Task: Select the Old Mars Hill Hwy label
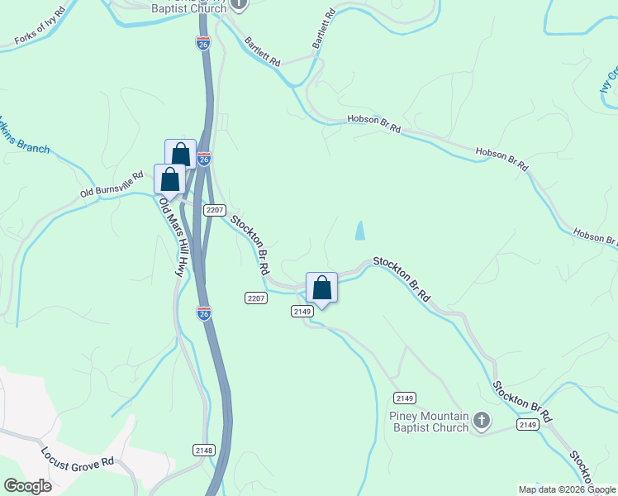pyautogui.click(x=170, y=236)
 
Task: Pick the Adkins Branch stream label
pyautogui.click(x=22, y=138)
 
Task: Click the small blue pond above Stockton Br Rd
pyautogui.click(x=360, y=231)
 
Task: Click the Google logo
pyautogui.click(x=28, y=486)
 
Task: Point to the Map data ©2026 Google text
pyautogui.click(x=566, y=489)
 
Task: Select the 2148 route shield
pyautogui.click(x=204, y=450)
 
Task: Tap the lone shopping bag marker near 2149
pyautogui.click(x=321, y=289)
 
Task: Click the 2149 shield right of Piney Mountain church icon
pyautogui.click(x=528, y=424)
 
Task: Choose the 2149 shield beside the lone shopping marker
pyautogui.click(x=302, y=311)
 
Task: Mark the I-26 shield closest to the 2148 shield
pyautogui.click(x=204, y=312)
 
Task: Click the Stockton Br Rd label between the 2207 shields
pyautogui.click(x=250, y=245)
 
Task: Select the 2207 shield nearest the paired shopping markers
pyautogui.click(x=215, y=210)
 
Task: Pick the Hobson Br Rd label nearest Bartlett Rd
pyautogui.click(x=373, y=123)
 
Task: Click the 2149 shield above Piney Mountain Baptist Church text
pyautogui.click(x=403, y=397)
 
